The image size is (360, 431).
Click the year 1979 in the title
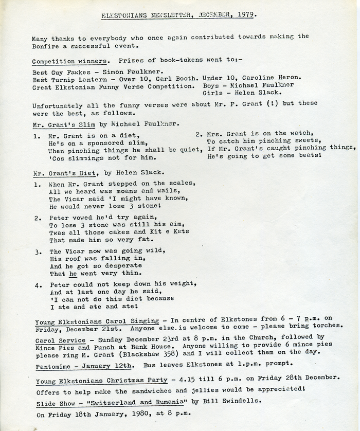(x=248, y=15)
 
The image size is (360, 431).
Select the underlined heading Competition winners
(x=70, y=61)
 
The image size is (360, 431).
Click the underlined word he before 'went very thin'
(x=73, y=274)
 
